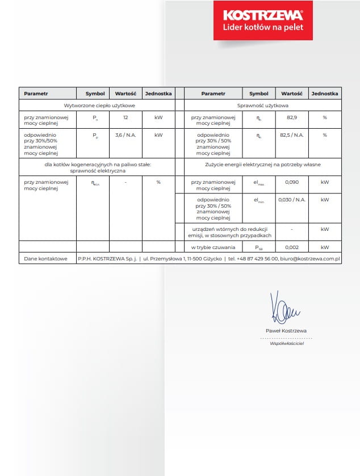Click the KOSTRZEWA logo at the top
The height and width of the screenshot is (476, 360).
point(263,14)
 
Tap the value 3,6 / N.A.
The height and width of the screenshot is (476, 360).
point(125,136)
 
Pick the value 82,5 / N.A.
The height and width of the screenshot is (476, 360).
point(292,136)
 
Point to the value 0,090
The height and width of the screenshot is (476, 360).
point(292,183)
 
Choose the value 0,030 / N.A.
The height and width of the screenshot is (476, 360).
point(292,200)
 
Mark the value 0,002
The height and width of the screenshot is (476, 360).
point(292,247)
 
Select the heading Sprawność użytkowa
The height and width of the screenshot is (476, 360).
point(263,106)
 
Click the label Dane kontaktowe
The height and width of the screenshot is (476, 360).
point(42,259)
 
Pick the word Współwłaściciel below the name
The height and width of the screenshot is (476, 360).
point(286,344)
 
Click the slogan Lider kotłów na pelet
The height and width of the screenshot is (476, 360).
point(263,27)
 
